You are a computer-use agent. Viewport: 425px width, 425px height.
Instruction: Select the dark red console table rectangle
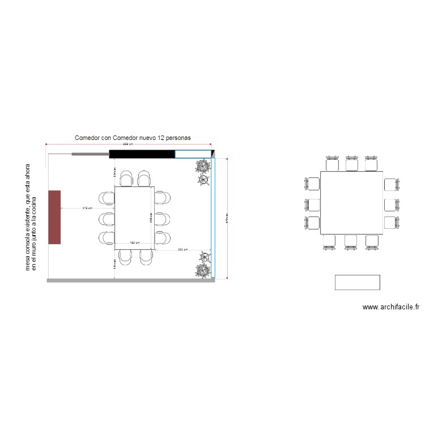pyautogui.click(x=54, y=217)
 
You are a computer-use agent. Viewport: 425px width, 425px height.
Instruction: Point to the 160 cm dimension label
pyautogui.click(x=134, y=243)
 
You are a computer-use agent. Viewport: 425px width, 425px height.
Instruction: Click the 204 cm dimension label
pyautogui.click(x=182, y=249)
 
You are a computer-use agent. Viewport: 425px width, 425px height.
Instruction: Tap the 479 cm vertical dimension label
pyautogui.click(x=227, y=219)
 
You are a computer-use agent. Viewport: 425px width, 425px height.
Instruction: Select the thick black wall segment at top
pyautogui.click(x=142, y=154)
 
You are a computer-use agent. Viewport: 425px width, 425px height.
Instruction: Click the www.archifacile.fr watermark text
pyautogui.click(x=391, y=307)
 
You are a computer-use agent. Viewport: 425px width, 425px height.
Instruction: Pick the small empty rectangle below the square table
pyautogui.click(x=357, y=282)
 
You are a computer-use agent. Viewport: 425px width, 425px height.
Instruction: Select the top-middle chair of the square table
pyautogui.click(x=352, y=163)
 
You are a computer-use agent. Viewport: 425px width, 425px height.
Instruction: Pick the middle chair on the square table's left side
pyautogui.click(x=313, y=205)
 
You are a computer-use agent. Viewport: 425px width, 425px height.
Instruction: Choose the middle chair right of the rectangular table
pyautogui.click(x=163, y=218)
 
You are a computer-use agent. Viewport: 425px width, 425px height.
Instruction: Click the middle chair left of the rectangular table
pyautogui.click(x=106, y=218)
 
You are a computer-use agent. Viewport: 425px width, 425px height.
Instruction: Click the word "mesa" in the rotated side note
pyautogui.click(x=28, y=260)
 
